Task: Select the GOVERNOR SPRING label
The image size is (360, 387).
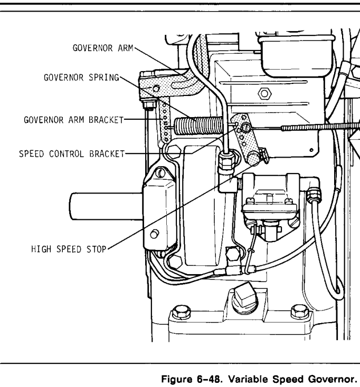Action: tap(82, 76)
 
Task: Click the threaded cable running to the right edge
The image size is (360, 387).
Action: tap(311, 127)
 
